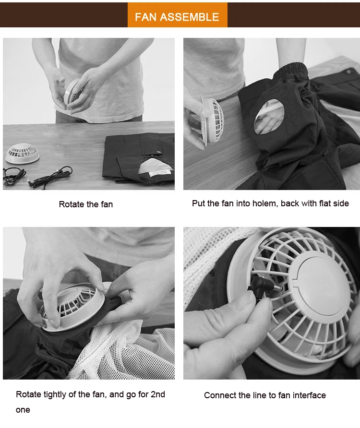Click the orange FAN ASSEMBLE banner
tap(177, 15)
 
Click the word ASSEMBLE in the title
tap(189, 17)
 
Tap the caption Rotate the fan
tap(86, 204)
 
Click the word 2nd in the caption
tap(158, 394)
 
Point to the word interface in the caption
tap(309, 395)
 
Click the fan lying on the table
tap(23, 153)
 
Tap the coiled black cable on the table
tap(38, 177)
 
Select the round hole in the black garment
tap(269, 117)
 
